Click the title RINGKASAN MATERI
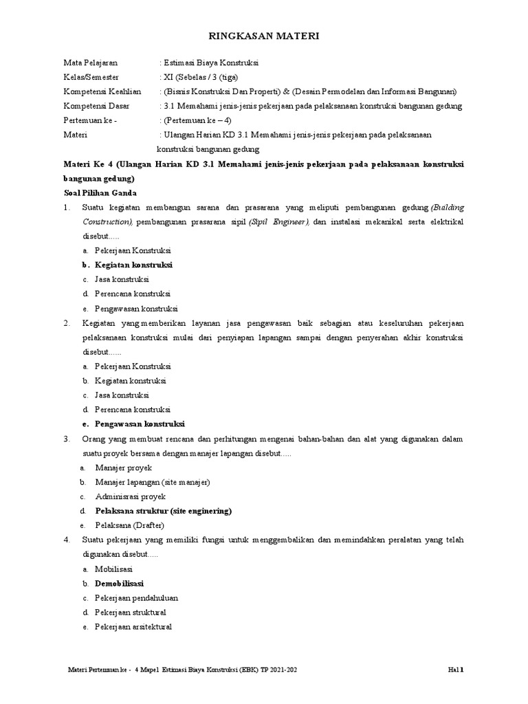[264, 36]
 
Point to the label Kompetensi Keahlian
[102, 91]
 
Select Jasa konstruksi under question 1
[122, 279]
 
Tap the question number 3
[67, 439]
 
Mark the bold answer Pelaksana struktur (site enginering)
[164, 511]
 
